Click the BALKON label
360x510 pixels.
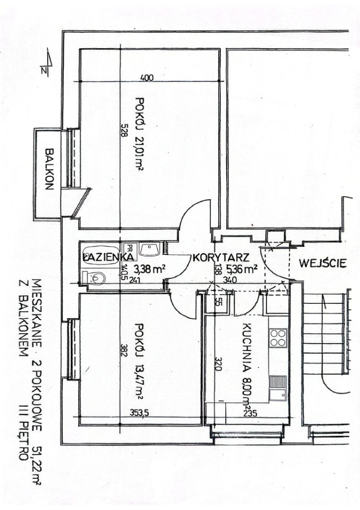coord(49,169)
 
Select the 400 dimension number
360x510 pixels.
coord(147,78)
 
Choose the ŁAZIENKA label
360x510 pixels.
coord(108,257)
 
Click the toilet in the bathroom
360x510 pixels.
coord(94,277)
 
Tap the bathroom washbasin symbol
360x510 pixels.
coord(149,249)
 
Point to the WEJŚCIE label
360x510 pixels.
coord(323,262)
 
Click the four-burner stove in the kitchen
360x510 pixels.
coord(278,338)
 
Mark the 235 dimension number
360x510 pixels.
coord(251,413)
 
